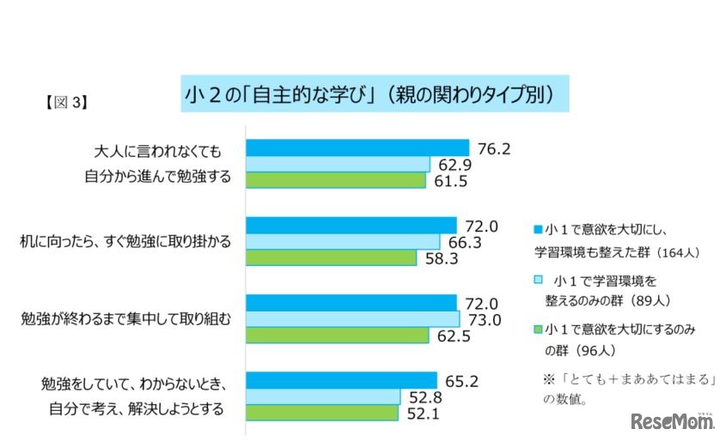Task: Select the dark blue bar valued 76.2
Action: pyautogui.click(x=357, y=148)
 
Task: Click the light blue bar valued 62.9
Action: pyautogui.click(x=338, y=164)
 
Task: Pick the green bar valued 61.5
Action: pyautogui.click(x=336, y=180)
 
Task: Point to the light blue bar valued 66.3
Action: pyautogui.click(x=343, y=241)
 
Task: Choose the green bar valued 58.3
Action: pyautogui.click(x=332, y=257)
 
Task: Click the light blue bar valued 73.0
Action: pyautogui.click(x=353, y=318)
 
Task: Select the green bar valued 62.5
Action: pyautogui.click(x=337, y=335)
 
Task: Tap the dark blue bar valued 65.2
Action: pyautogui.click(x=342, y=380)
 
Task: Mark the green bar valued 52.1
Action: pyautogui.click(x=322, y=412)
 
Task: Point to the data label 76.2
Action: pyautogui.click(x=495, y=148)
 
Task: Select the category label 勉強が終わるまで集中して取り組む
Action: pyautogui.click(x=126, y=318)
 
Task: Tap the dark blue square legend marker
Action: pyautogui.click(x=538, y=230)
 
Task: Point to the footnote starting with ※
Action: pyautogui.click(x=628, y=388)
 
